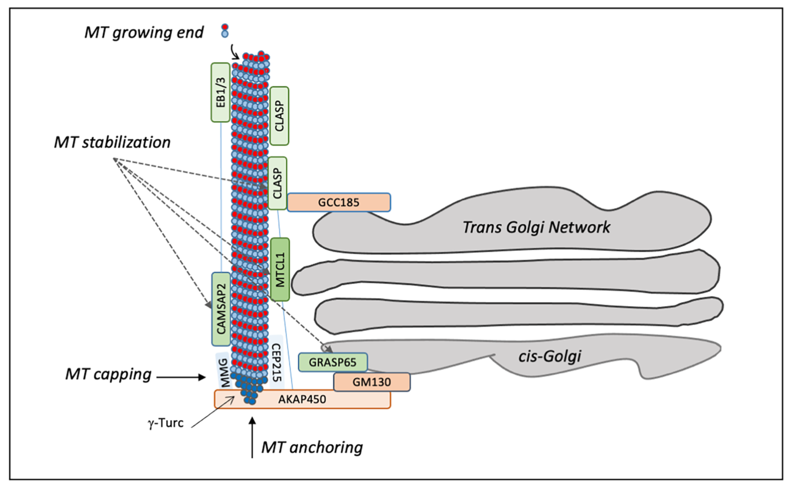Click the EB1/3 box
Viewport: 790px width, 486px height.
[220, 92]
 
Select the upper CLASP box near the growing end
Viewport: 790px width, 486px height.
[279, 116]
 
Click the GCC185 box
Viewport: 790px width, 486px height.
[339, 202]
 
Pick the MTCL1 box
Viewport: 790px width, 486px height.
[280, 269]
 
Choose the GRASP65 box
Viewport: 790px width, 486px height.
[333, 362]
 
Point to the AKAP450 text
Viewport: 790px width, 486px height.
[302, 399]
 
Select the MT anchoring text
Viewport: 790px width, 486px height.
[312, 448]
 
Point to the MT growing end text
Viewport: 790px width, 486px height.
[144, 32]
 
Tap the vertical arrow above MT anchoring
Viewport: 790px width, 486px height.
[253, 437]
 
